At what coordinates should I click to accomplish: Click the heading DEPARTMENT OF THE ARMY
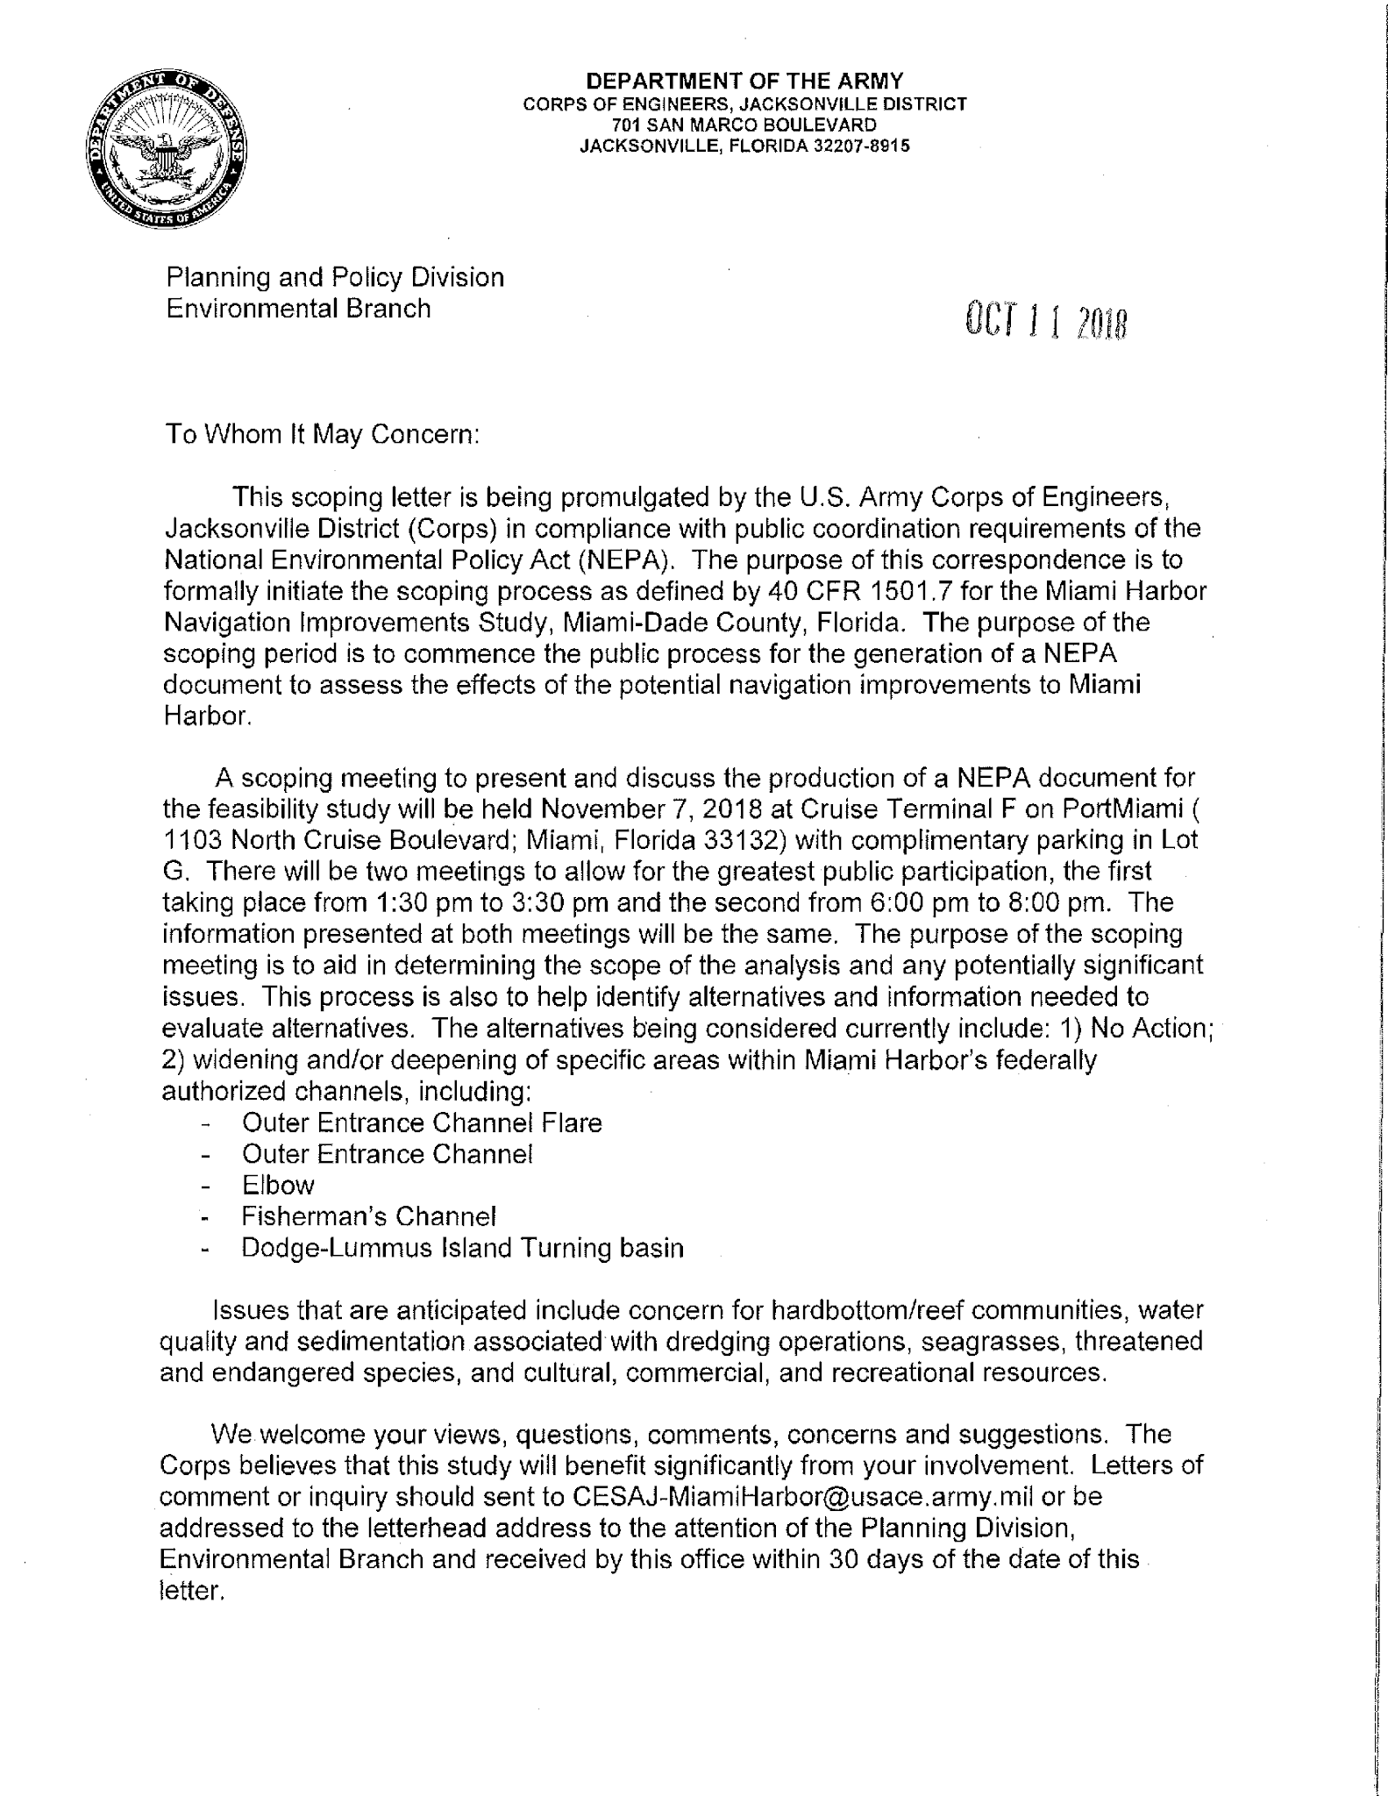(744, 82)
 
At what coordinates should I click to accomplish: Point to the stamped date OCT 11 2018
(1044, 323)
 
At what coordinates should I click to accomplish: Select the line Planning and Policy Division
(335, 277)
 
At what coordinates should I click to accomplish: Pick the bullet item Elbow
(278, 1186)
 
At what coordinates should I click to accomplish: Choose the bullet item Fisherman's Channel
(369, 1217)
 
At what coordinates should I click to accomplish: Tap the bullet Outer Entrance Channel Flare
(422, 1123)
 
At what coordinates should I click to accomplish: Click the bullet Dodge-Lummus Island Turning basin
(462, 1248)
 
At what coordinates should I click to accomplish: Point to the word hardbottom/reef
(869, 1311)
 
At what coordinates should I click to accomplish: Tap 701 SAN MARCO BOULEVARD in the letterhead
(744, 125)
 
